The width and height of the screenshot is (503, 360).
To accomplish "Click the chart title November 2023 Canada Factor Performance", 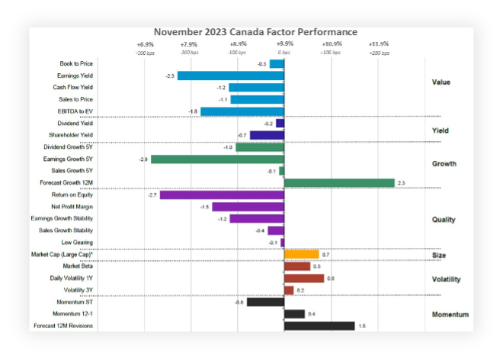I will click(x=255, y=32).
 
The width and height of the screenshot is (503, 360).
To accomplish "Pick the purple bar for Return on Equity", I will click(x=222, y=195).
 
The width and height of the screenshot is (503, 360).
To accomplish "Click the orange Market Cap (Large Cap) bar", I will click(x=301, y=254).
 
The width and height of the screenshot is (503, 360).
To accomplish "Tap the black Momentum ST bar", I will click(x=265, y=302).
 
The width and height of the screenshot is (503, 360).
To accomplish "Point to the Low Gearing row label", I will click(x=78, y=243).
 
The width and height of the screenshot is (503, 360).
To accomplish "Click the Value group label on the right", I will click(x=441, y=82).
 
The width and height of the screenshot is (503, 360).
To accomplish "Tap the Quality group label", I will click(x=444, y=220).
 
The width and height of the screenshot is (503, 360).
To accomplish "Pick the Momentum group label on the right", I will click(x=450, y=314).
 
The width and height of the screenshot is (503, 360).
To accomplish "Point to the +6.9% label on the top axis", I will click(x=145, y=44).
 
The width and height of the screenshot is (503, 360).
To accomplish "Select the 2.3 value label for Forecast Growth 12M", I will click(x=402, y=183).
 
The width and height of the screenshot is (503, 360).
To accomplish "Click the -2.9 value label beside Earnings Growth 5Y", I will click(x=143, y=159).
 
